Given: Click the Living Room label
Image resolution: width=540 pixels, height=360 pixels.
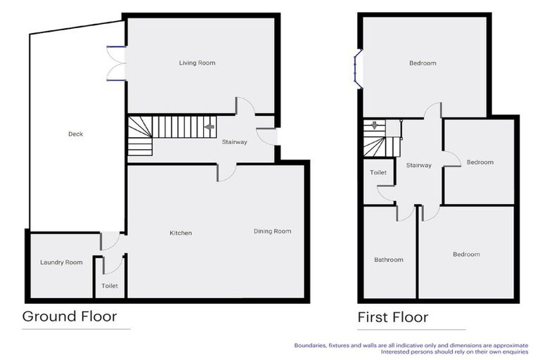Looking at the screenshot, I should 197,63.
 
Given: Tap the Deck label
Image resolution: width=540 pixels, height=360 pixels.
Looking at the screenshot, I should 76,134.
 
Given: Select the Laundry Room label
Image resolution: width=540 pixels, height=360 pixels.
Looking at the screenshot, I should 61,263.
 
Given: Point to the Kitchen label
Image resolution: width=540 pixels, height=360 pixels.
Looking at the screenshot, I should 181,233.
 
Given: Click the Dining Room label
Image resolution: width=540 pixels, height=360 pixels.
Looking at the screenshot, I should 272,231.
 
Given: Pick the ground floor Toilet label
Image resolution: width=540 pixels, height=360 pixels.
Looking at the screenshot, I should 110,286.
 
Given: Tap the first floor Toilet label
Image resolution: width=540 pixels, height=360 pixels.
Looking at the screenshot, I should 378,172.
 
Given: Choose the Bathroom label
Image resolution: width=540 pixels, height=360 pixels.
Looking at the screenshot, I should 389,260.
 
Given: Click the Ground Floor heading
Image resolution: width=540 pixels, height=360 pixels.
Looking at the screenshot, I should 70,316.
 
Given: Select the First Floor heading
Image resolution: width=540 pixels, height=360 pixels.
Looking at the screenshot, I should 392,318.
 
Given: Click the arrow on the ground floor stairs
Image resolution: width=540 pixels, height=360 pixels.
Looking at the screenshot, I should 209,127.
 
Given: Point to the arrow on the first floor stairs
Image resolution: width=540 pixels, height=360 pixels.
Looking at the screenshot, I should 375,127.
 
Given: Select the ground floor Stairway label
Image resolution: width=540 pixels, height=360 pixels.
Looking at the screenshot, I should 235,143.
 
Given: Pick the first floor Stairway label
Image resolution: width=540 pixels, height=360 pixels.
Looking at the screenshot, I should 419,165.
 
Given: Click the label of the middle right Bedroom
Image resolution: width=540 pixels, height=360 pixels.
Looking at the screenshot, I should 480,162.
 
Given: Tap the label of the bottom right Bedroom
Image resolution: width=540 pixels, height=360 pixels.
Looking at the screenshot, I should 466,255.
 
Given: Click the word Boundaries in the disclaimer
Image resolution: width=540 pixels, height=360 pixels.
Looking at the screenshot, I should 309,345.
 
